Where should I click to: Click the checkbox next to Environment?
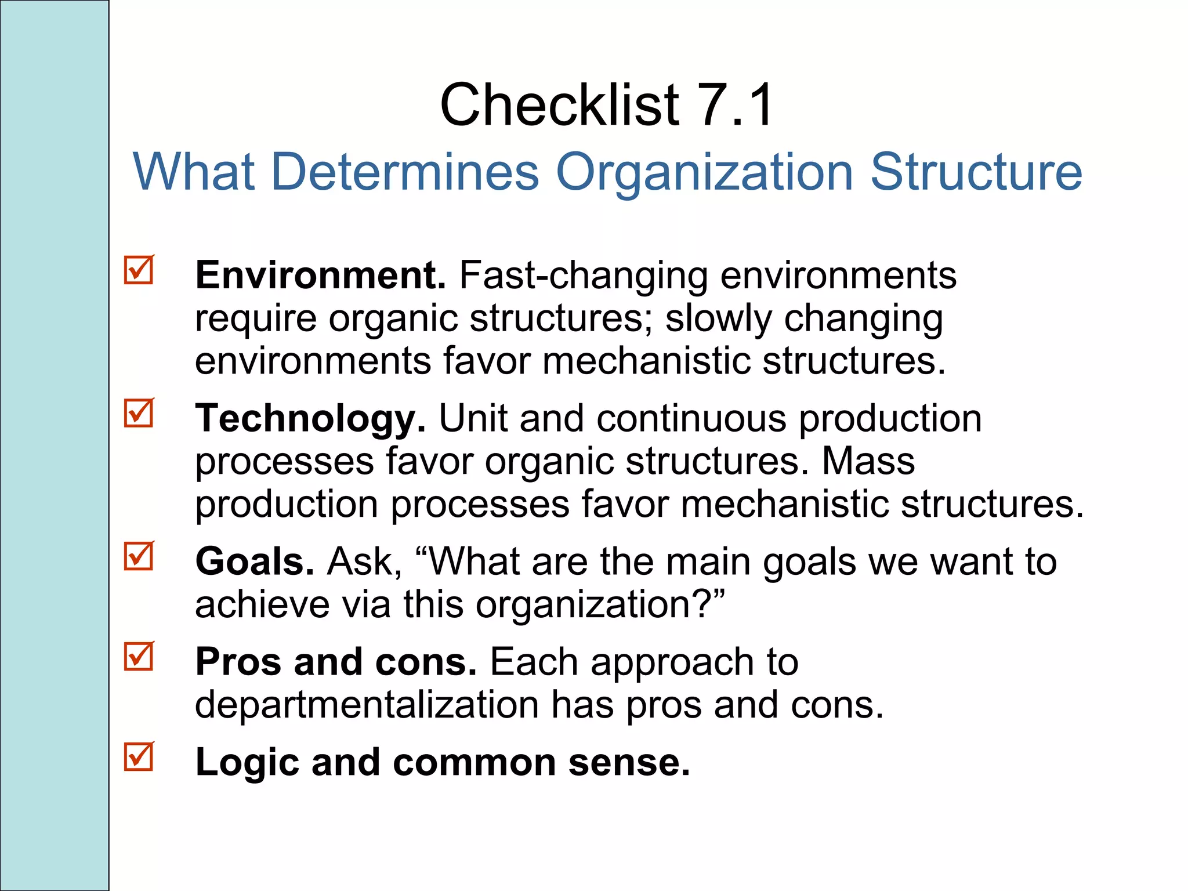click(139, 270)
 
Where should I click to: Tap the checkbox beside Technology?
click(139, 414)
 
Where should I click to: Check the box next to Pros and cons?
click(139, 657)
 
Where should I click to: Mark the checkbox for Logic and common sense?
click(139, 757)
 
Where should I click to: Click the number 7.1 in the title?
click(735, 105)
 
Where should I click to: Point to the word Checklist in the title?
click(559, 105)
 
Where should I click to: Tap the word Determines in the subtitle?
click(405, 172)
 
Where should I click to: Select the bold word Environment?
click(320, 275)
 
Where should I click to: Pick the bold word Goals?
click(255, 562)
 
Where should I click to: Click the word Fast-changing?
click(584, 275)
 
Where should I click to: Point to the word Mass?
click(868, 461)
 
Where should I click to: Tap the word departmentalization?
click(367, 705)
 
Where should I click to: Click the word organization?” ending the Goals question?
click(600, 604)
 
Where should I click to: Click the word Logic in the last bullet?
click(248, 762)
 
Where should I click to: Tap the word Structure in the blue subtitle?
click(976, 172)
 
